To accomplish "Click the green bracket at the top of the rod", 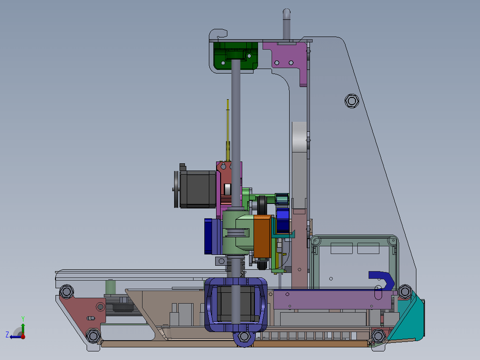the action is (x=235, y=56).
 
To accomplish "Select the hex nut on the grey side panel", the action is (x=352, y=101).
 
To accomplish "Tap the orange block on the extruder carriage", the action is (x=262, y=236).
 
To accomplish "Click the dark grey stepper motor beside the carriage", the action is (x=198, y=189).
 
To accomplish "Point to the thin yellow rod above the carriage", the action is (x=228, y=130).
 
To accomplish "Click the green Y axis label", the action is (x=23, y=319).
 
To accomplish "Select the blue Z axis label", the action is (x=7, y=334).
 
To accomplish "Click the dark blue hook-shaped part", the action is (x=383, y=279).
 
